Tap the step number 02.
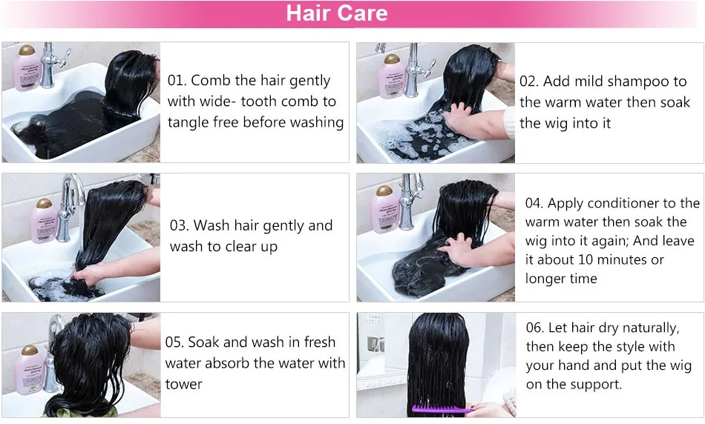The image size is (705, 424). click(528, 81)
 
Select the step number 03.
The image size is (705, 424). click(179, 225)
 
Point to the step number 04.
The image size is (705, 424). click(534, 203)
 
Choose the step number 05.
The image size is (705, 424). click(174, 342)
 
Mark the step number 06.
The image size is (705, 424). click(535, 328)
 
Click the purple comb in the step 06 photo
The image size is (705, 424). click(442, 408)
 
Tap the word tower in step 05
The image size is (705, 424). click(183, 384)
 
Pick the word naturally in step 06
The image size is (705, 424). click(646, 328)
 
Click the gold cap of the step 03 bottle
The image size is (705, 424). click(44, 202)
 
